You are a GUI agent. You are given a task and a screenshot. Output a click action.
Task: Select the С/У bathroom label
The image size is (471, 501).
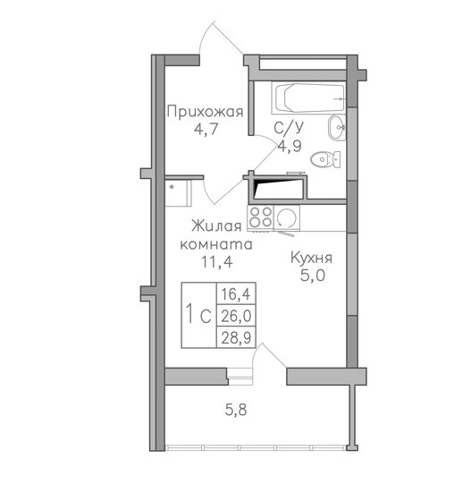click(x=287, y=129)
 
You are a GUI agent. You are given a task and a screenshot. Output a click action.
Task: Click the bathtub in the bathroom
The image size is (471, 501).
click(x=303, y=97)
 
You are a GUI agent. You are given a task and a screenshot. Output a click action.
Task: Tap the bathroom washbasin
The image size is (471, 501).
click(x=337, y=128)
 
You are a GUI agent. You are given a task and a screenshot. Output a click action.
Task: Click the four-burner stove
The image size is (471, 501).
click(x=261, y=217)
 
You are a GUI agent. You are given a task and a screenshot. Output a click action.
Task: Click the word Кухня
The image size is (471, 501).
click(x=314, y=258)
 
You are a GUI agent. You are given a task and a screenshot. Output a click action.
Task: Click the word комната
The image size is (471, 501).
click(x=215, y=244)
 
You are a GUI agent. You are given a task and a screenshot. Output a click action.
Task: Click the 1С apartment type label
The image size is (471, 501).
click(x=198, y=316)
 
